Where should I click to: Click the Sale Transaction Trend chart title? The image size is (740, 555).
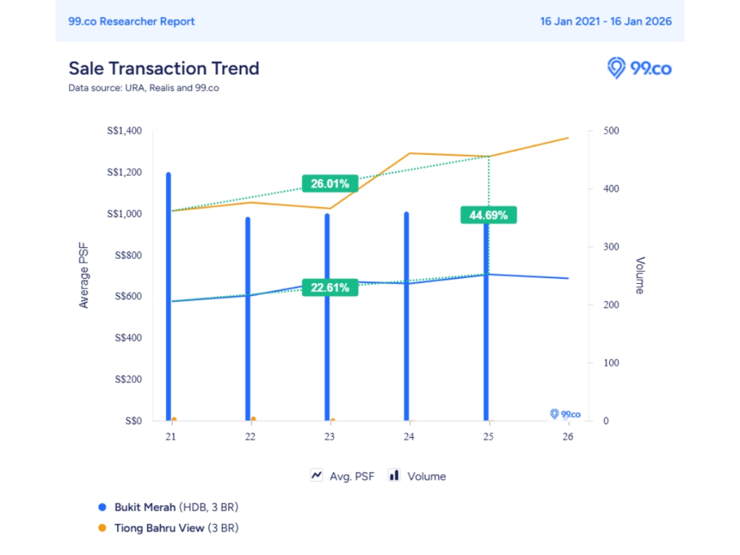pyautogui.click(x=164, y=69)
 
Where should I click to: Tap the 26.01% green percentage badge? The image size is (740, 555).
pyautogui.click(x=330, y=184)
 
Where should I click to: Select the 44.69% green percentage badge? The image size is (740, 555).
pyautogui.click(x=488, y=215)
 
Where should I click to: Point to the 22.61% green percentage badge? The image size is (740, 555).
pyautogui.click(x=330, y=288)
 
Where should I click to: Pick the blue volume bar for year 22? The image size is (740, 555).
pyautogui.click(x=248, y=319)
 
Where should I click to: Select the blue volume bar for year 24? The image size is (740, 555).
pyautogui.click(x=406, y=316)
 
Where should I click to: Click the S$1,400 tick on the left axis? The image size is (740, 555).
pyautogui.click(x=124, y=131)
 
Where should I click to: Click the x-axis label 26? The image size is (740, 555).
pyautogui.click(x=567, y=436)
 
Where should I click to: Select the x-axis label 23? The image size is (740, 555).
pyautogui.click(x=330, y=436)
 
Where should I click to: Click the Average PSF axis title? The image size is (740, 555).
pyautogui.click(x=84, y=275)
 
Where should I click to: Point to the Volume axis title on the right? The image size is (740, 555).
pyautogui.click(x=639, y=275)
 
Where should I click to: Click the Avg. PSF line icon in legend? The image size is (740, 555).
pyautogui.click(x=317, y=476)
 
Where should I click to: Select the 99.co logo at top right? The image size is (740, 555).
pyautogui.click(x=639, y=69)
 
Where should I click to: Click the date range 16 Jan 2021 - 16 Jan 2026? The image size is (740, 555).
pyautogui.click(x=606, y=21)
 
